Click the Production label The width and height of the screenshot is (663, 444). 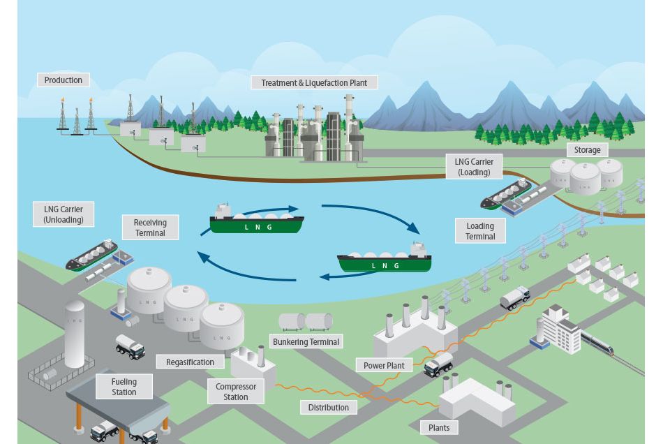[64, 80]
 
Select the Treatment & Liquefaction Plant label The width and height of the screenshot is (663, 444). [314, 82]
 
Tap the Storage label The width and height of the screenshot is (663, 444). [587, 150]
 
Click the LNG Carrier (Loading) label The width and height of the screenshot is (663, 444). [473, 167]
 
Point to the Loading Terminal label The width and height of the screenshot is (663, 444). [480, 231]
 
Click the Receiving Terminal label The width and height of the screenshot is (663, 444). [150, 228]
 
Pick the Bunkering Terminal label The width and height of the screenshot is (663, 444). [306, 342]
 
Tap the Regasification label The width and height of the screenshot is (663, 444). [191, 362]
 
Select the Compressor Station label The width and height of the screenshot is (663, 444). [236, 392]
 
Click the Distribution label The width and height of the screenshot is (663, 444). [329, 407]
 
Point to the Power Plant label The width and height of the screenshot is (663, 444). [384, 365]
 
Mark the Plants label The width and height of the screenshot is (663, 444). [439, 427]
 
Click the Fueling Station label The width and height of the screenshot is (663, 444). [124, 387]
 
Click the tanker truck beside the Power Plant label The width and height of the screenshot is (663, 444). [439, 364]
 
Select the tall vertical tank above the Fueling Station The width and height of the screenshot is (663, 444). [75, 334]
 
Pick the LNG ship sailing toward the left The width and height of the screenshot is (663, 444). [385, 259]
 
